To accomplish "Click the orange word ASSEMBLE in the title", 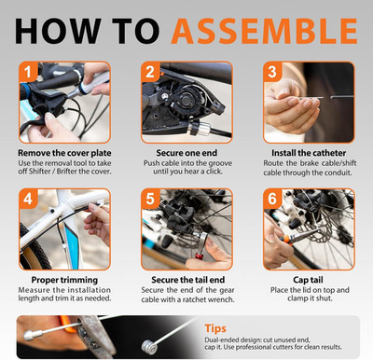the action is click(x=264, y=31).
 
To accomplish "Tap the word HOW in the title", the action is click(x=58, y=31).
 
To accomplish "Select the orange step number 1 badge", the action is click(x=28, y=72).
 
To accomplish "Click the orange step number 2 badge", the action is click(x=150, y=72).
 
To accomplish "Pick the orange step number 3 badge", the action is click(x=272, y=72).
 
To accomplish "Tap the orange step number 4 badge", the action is click(x=28, y=199).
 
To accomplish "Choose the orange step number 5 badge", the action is click(x=150, y=199).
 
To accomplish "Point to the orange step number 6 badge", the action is click(x=272, y=199).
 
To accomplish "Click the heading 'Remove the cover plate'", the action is click(x=64, y=153).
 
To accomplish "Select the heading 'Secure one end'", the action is click(x=186, y=153).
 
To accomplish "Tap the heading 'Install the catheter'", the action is click(x=309, y=153).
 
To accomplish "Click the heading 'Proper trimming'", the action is click(x=64, y=280).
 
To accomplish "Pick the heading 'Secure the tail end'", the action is click(x=187, y=280).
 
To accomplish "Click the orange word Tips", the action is click(x=215, y=328).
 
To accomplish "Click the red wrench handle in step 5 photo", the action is click(x=199, y=256).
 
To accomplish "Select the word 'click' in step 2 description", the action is click(x=214, y=172).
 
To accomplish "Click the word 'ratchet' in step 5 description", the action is click(x=195, y=300).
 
